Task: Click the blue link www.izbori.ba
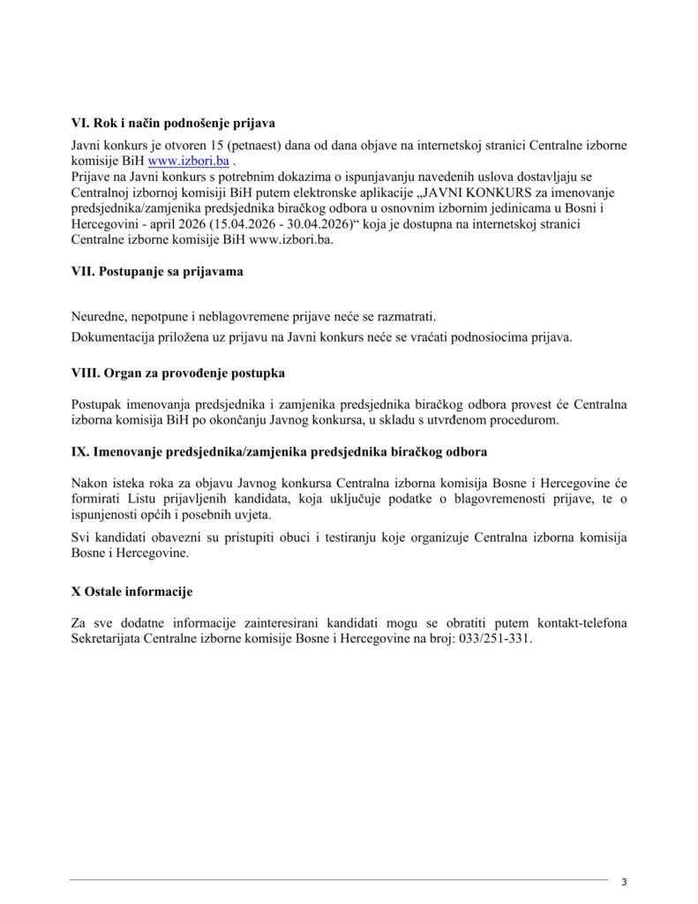click(x=189, y=162)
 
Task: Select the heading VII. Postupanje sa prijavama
click(x=157, y=272)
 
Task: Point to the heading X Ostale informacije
click(x=131, y=591)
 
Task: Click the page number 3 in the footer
click(x=624, y=882)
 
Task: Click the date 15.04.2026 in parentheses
click(x=236, y=224)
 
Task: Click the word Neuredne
click(x=100, y=317)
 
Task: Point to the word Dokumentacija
click(x=114, y=336)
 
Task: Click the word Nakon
click(x=89, y=484)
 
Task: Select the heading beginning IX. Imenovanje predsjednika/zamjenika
click(x=279, y=452)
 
